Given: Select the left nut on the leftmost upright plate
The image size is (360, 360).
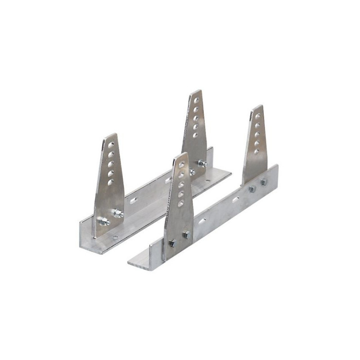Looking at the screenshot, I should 104,221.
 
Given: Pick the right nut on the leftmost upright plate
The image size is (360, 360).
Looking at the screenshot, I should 118,214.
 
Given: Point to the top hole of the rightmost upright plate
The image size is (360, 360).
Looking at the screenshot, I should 258,116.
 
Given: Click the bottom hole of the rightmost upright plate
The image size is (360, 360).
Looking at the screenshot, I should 256,152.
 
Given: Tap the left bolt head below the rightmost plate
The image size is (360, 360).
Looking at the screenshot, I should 252,189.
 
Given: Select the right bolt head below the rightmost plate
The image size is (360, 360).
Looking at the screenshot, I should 264,182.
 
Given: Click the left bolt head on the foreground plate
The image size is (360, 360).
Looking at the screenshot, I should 172,243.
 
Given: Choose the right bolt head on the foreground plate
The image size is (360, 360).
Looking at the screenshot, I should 186,234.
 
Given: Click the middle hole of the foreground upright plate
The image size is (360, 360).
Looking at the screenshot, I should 181,184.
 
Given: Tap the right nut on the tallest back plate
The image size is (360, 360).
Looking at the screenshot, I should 203,163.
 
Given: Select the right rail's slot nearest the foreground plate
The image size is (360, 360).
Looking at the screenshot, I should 202,221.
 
